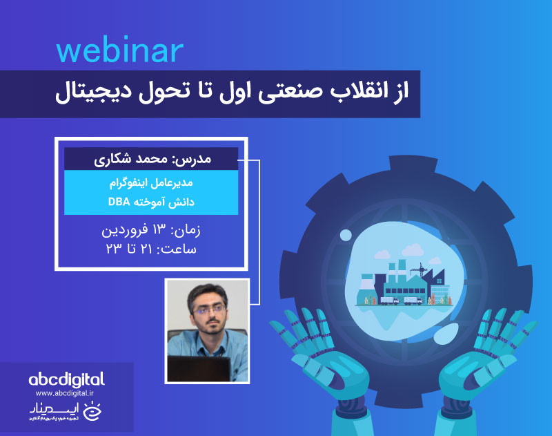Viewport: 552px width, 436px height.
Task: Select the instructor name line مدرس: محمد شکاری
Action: click(x=151, y=158)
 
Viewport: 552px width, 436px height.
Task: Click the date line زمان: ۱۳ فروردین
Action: click(x=151, y=230)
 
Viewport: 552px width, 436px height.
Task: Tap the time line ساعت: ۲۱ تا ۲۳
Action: click(x=151, y=248)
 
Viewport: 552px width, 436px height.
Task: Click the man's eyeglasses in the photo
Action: click(x=208, y=309)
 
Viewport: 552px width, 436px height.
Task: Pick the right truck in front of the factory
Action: click(x=411, y=300)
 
